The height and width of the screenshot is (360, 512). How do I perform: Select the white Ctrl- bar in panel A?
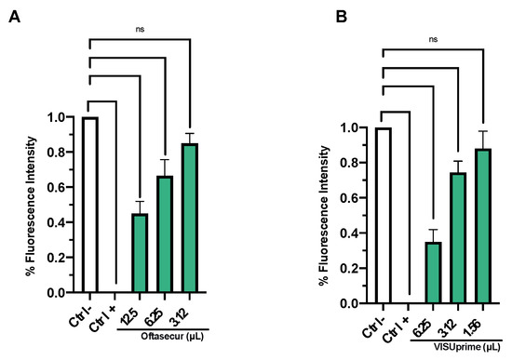(x=90, y=205)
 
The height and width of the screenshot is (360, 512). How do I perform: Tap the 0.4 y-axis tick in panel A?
(x=61, y=222)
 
